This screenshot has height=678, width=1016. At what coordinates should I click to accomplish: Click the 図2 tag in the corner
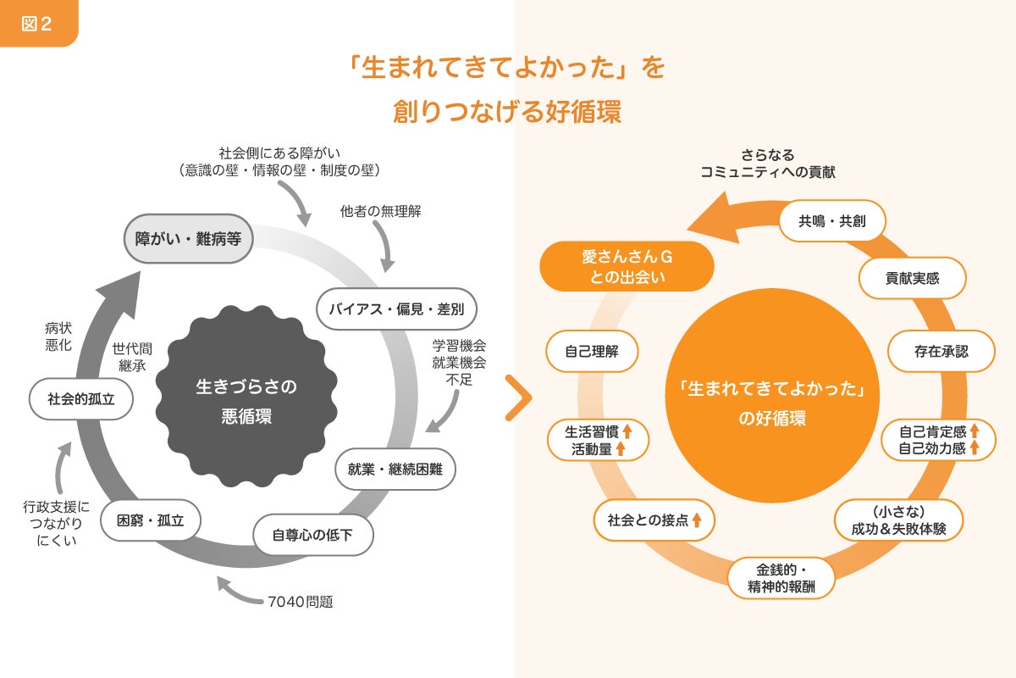(36, 23)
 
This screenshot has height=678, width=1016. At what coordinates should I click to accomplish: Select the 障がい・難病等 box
(189, 239)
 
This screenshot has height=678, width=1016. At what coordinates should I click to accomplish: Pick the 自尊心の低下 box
(312, 535)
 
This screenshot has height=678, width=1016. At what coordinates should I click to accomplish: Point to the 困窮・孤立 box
(150, 520)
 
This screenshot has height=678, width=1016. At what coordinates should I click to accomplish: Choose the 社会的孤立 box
(80, 398)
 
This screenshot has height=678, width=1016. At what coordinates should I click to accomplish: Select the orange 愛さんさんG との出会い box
(627, 266)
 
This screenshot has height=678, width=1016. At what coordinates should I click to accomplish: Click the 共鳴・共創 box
(831, 222)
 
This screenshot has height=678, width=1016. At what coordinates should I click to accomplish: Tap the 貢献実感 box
(913, 278)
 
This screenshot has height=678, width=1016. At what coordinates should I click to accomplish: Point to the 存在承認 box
(941, 350)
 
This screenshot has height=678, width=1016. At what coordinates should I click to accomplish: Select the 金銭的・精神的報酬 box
(781, 577)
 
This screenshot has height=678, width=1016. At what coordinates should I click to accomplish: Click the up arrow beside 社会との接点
(697, 520)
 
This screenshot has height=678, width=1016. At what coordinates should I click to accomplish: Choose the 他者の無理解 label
(380, 212)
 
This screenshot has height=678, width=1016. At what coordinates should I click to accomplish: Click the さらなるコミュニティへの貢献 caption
(768, 164)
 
